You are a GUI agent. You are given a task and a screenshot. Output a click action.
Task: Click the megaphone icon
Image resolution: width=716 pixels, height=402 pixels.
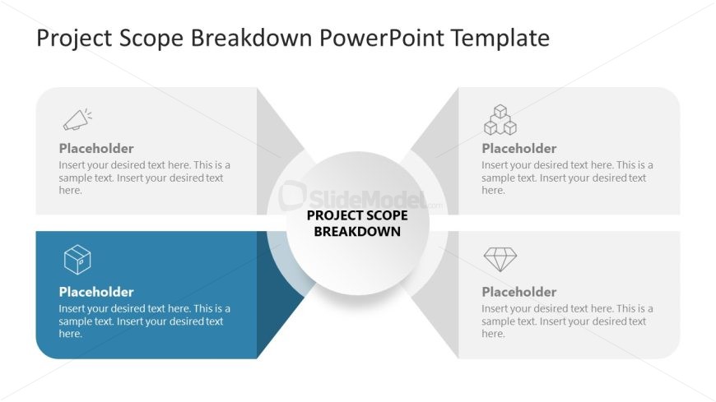pos(77,119)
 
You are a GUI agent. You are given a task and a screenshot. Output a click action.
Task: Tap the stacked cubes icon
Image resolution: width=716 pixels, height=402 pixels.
pos(500,120)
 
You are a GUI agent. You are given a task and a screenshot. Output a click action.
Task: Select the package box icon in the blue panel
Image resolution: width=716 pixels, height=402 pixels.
pos(77,260)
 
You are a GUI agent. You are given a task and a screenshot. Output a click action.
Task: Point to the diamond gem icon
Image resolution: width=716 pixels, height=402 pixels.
pos(500,259)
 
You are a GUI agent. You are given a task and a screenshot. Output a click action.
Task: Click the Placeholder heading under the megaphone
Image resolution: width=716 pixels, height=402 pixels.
pos(96,148)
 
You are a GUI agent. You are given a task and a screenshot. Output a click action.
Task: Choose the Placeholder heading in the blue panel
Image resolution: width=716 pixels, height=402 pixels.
pos(96,292)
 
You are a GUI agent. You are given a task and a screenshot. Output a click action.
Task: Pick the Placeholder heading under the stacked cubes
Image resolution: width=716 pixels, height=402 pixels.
pos(519,148)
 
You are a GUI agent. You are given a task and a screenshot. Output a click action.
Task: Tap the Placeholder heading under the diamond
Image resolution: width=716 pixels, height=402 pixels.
pos(519,292)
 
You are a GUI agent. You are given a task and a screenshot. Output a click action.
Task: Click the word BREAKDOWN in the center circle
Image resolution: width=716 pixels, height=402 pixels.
pos(357,231)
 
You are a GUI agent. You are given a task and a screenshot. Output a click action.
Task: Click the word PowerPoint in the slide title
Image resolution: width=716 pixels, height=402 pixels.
pos(382,38)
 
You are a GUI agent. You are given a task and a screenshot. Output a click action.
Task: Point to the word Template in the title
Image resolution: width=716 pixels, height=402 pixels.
pos(500,38)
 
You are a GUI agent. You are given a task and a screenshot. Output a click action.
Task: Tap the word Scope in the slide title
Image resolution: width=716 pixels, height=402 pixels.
pos(151,39)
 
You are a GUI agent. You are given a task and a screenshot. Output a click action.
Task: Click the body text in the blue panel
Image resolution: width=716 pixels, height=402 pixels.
pos(144,321)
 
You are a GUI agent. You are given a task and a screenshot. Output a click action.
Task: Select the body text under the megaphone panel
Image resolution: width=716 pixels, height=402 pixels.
pos(144,178)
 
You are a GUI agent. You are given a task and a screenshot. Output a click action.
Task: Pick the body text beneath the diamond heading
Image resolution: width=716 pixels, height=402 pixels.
pos(567,321)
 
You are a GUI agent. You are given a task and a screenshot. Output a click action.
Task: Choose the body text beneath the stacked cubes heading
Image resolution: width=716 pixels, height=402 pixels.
pos(567,178)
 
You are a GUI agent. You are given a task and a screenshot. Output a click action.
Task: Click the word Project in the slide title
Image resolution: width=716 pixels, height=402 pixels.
pos(74,39)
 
